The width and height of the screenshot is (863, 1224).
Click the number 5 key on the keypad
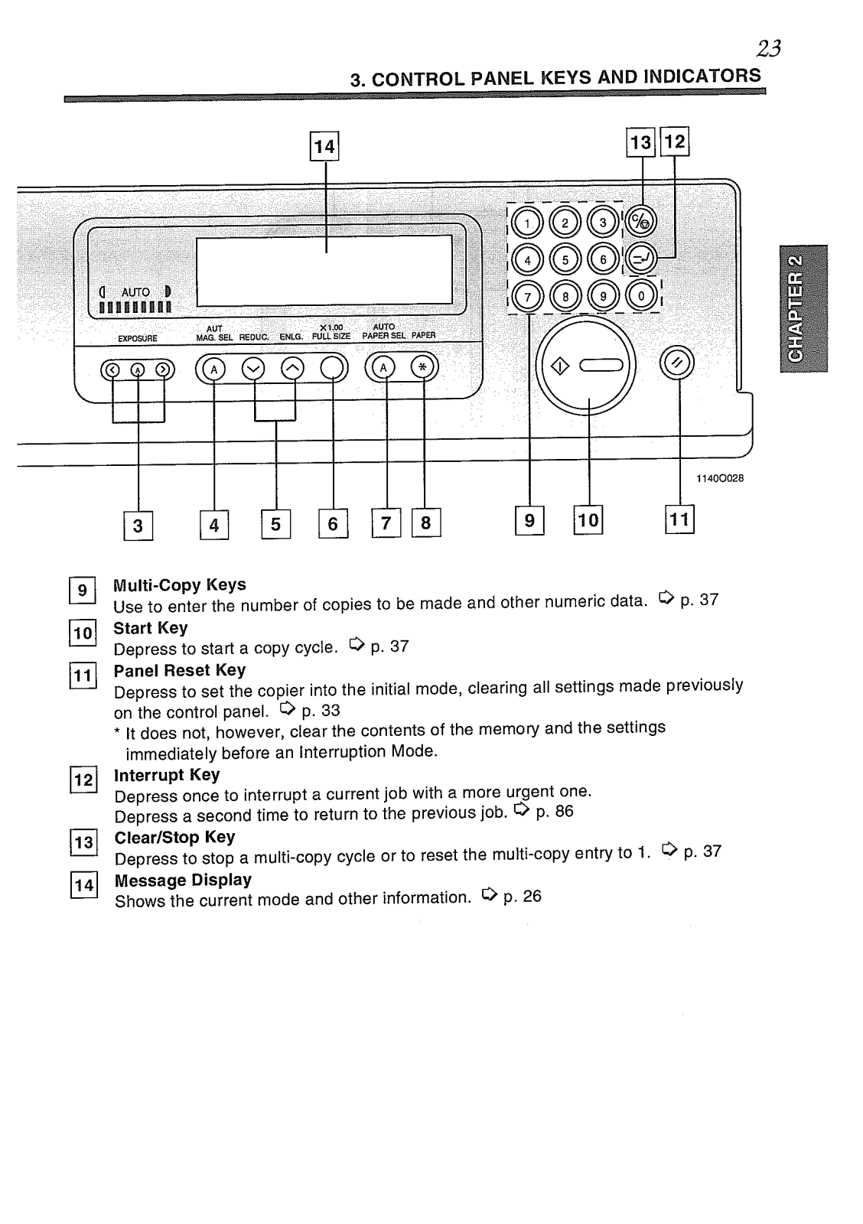tap(565, 259)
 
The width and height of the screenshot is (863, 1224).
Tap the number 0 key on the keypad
tap(641, 295)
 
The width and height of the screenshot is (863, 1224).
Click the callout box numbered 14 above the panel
tap(324, 145)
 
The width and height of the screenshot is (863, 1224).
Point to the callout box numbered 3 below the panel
tap(138, 526)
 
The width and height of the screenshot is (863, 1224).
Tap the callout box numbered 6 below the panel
tap(333, 524)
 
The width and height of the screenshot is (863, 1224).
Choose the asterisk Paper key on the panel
tap(422, 368)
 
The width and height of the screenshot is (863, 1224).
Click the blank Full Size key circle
tap(332, 369)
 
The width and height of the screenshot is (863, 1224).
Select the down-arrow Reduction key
tap(253, 369)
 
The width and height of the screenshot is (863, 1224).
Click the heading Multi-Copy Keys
tap(180, 585)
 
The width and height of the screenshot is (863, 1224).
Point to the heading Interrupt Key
tap(167, 775)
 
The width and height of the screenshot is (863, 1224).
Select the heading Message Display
tap(183, 881)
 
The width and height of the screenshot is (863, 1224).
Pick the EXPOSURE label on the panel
tap(138, 337)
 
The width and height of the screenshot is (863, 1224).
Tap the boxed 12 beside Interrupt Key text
tap(83, 781)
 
